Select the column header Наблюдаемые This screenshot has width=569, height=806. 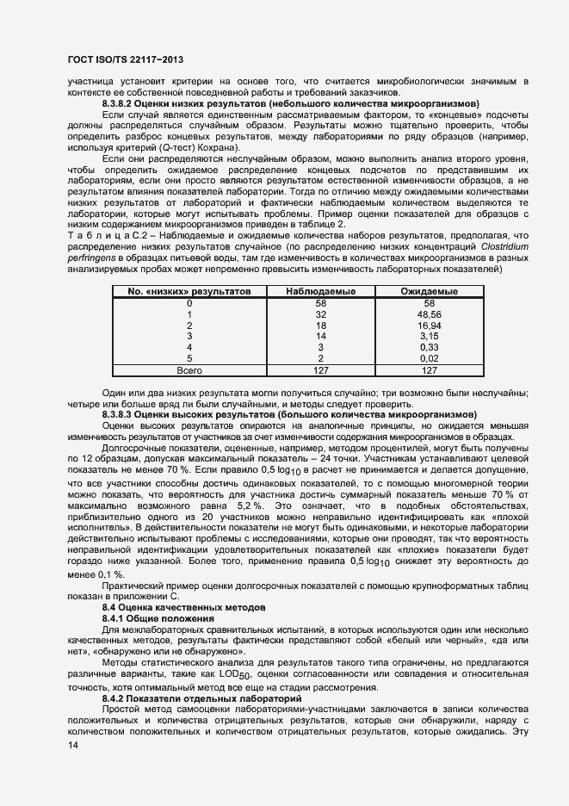[x=321, y=292]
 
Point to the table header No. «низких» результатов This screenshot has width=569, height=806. [x=189, y=292]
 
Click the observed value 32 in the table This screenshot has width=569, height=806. [x=321, y=315]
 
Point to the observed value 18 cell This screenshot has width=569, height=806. [x=321, y=326]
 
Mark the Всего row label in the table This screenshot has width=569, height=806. [x=189, y=370]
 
